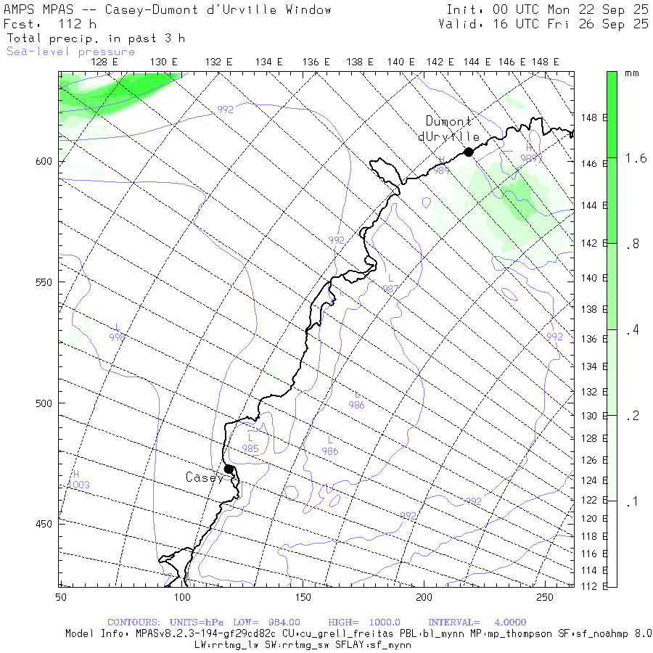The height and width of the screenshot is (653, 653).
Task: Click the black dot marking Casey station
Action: pos(229,469)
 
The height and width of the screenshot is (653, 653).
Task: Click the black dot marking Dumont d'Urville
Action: pos(469,152)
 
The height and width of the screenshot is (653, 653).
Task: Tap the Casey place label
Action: pos(204,477)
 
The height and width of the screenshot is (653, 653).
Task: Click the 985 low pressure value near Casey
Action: pos(250,448)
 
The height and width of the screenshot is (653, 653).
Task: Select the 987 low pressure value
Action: pos(391,288)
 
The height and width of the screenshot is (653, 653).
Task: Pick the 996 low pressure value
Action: pos(117,337)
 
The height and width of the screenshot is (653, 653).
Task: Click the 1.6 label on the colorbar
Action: pos(636,157)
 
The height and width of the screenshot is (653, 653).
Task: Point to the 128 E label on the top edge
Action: pos(104,62)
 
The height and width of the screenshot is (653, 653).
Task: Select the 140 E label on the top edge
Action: pos(401,62)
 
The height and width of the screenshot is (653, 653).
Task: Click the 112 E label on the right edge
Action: pos(594,586)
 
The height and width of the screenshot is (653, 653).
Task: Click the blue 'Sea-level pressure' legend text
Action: pos(70,52)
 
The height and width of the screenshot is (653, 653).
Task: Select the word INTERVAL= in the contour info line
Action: pos(453,623)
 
